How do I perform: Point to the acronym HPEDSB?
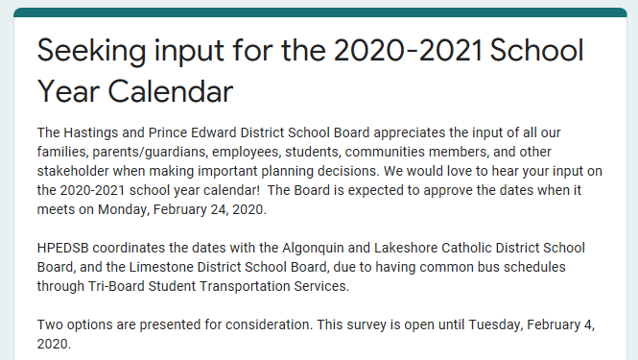point(66,248)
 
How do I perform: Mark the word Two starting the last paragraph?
point(51,324)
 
